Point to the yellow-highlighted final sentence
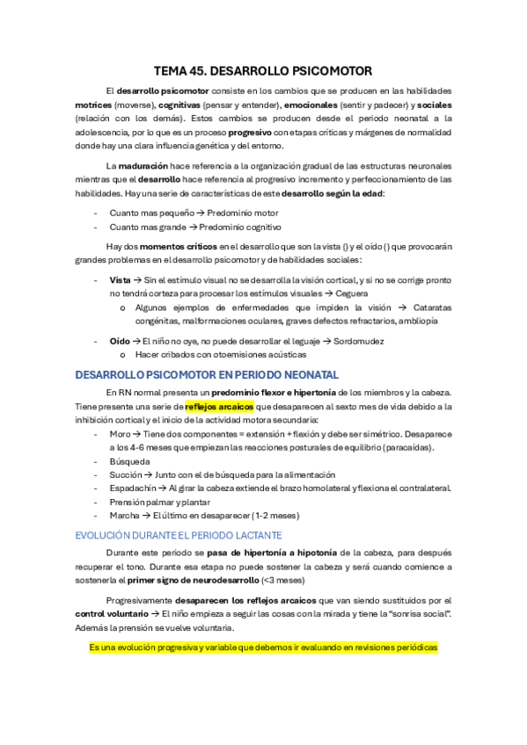(x=263, y=647)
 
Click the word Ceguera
(x=351, y=293)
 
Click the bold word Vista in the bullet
(x=120, y=278)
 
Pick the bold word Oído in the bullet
(x=120, y=341)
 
